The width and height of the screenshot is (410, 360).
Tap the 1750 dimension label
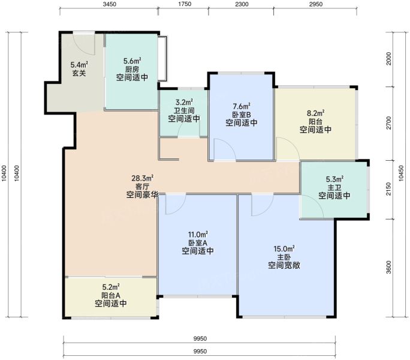click(185, 4)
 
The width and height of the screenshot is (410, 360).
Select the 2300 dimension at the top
click(242, 4)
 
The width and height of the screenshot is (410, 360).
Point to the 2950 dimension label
click(316, 4)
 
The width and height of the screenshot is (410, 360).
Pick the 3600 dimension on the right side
click(389, 267)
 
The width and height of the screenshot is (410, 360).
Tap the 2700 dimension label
click(389, 123)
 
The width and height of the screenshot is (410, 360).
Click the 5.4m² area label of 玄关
click(79, 64)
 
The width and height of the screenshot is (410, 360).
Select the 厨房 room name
click(132, 70)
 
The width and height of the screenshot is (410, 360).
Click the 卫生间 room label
click(184, 110)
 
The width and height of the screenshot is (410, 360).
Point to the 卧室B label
click(242, 115)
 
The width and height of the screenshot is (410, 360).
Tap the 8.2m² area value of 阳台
click(316, 113)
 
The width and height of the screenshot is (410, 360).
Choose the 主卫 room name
click(334, 187)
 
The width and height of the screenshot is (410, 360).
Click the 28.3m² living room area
click(143, 179)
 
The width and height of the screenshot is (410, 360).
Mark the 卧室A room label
click(198, 243)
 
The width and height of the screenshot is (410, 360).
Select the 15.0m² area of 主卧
click(284, 248)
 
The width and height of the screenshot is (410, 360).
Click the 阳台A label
click(111, 295)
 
